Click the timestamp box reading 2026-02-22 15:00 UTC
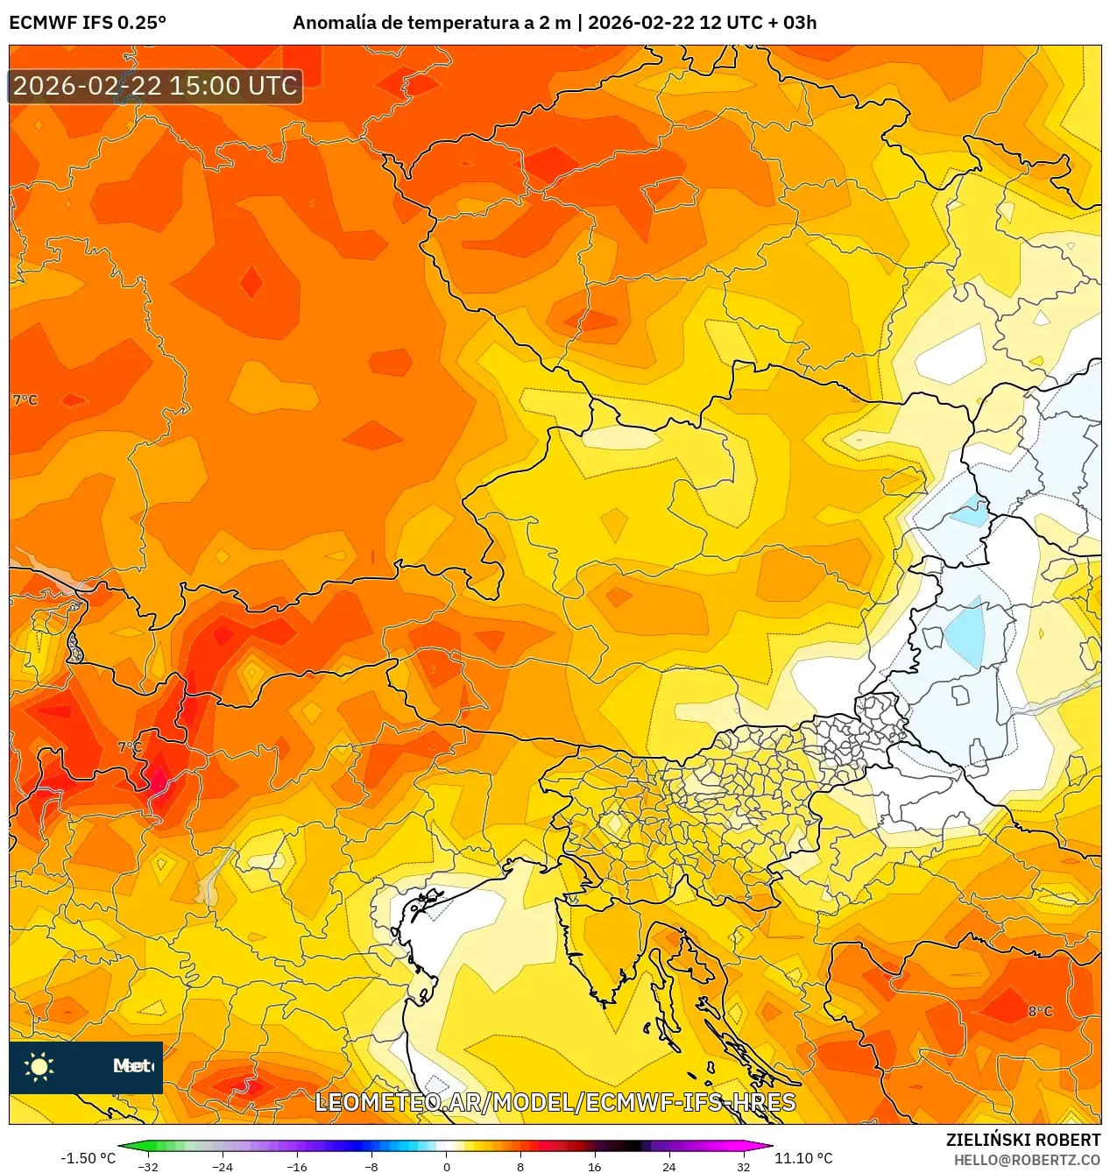(x=155, y=86)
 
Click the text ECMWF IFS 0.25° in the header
(x=88, y=23)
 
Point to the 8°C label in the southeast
(x=1040, y=1012)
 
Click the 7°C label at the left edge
(x=25, y=400)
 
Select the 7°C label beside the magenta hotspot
(x=129, y=747)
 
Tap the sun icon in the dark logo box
(x=39, y=1066)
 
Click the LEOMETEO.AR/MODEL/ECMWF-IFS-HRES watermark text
(x=555, y=1102)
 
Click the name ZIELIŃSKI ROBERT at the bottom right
(x=1022, y=1140)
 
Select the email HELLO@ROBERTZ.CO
(x=1027, y=1160)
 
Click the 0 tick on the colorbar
(x=446, y=1166)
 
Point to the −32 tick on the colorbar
(x=148, y=1166)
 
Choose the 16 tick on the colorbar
(x=594, y=1166)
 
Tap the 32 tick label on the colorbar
(x=743, y=1166)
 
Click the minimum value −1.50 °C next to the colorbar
(x=88, y=1158)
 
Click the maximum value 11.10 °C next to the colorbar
(x=803, y=1158)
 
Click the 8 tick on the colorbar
(x=520, y=1166)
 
